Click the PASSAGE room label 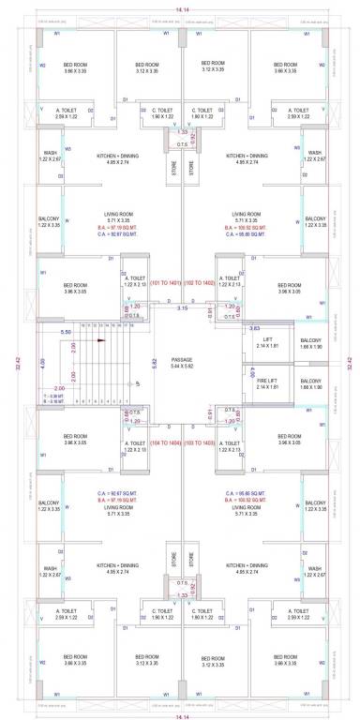pos(181,359)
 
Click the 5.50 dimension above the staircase pos(66,332)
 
